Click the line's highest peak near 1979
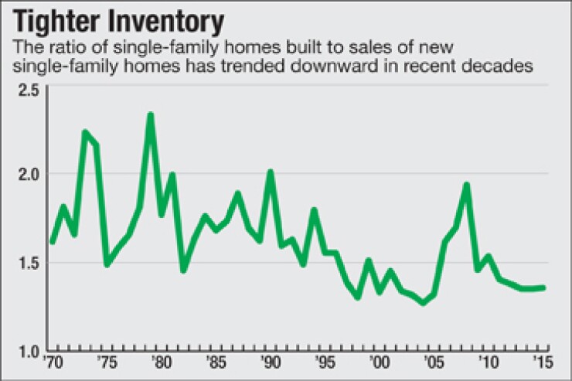tap(150, 115)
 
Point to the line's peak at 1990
tap(271, 172)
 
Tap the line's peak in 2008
tap(466, 185)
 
